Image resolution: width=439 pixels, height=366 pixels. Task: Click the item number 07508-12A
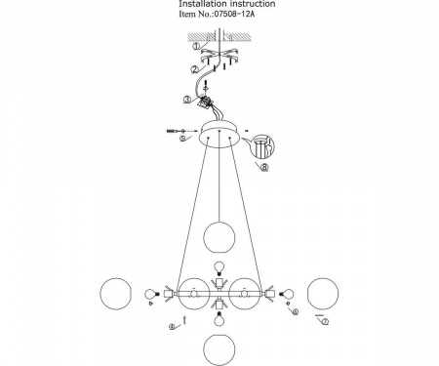click(x=233, y=14)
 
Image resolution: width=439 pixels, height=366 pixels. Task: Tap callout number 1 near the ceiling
click(x=196, y=46)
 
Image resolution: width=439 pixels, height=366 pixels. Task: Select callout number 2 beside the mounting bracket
click(x=194, y=69)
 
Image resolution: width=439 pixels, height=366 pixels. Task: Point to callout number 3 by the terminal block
click(x=186, y=100)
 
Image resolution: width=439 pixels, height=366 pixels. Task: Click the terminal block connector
click(x=204, y=101)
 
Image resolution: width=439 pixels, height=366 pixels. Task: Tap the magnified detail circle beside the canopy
click(x=262, y=145)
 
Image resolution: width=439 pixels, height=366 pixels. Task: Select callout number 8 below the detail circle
click(x=265, y=168)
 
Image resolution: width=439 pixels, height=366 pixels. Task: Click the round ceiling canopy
click(x=220, y=134)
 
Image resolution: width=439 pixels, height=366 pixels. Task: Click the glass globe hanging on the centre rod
click(x=219, y=237)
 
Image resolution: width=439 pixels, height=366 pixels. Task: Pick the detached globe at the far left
click(x=116, y=294)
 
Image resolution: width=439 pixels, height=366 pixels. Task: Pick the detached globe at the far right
click(x=323, y=294)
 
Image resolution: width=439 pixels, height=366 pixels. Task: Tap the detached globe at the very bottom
click(x=219, y=349)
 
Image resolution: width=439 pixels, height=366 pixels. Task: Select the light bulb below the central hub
click(x=219, y=319)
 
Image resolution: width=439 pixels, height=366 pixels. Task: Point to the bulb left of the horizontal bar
click(x=151, y=294)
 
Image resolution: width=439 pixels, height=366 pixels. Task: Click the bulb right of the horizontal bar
click(x=287, y=294)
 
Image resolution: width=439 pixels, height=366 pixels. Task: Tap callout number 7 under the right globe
click(x=325, y=321)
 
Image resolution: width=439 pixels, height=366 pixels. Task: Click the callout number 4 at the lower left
click(x=173, y=327)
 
